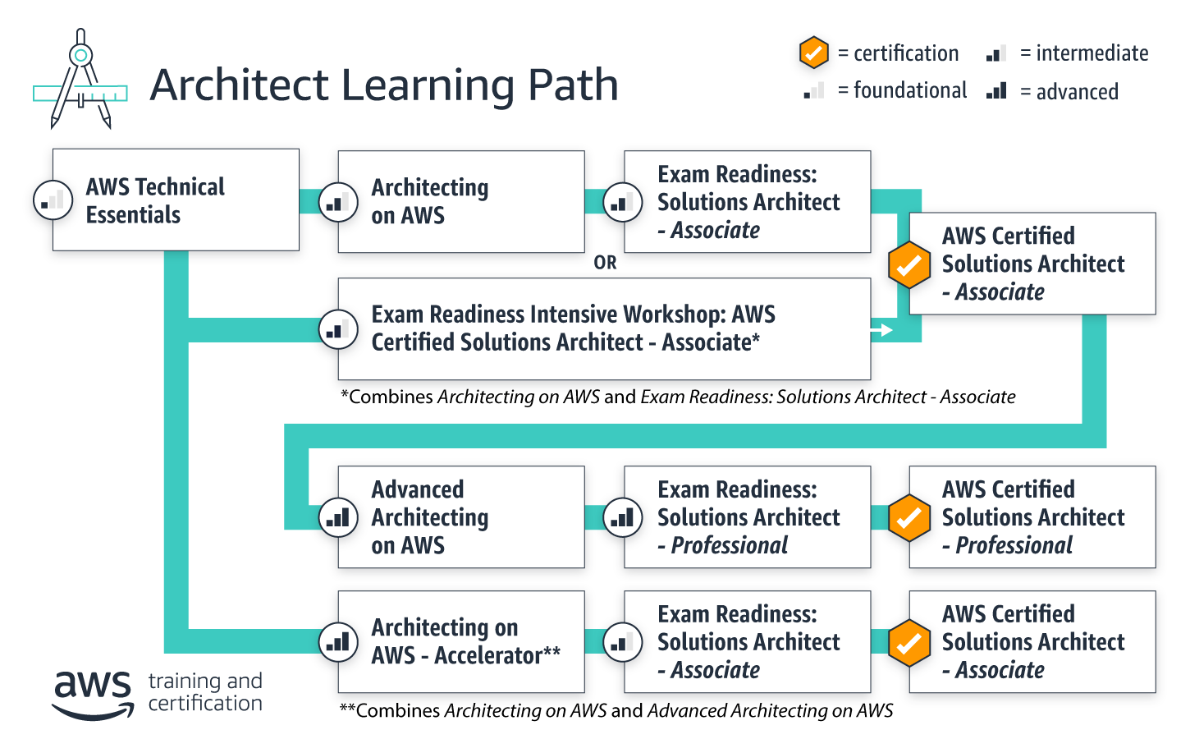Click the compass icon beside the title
point(80,80)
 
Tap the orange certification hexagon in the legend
point(813,53)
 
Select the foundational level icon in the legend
point(814,90)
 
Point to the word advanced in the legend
point(1077,92)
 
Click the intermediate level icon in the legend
point(996,53)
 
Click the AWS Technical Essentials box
point(176,200)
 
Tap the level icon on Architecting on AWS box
point(338,202)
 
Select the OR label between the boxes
point(605,263)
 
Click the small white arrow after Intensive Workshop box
point(882,330)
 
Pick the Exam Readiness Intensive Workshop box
point(604,328)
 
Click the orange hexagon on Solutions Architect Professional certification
point(909,517)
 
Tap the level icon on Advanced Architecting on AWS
point(338,517)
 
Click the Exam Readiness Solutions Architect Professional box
point(747,517)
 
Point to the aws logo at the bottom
point(93,693)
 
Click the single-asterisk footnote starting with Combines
point(678,397)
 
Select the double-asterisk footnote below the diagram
point(616,711)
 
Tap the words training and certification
point(205,692)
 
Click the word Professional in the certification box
point(1014,545)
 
